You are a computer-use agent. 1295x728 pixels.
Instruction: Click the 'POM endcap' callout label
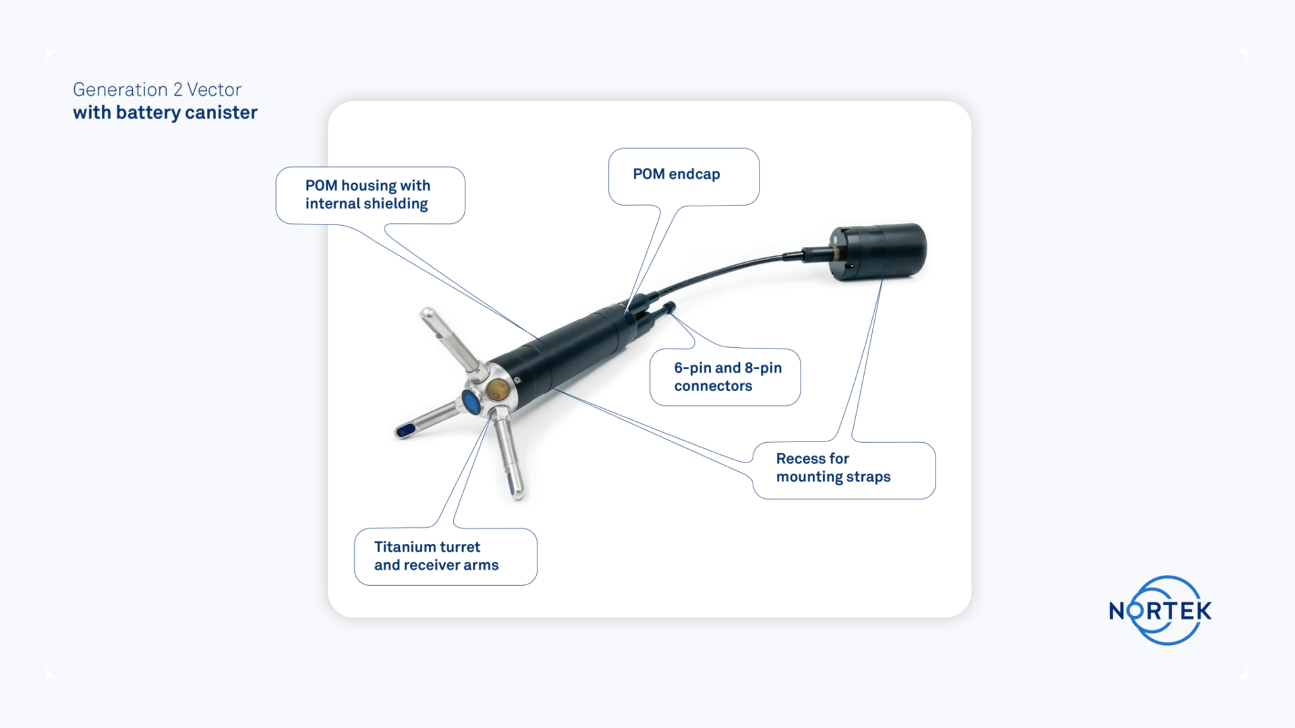tap(677, 175)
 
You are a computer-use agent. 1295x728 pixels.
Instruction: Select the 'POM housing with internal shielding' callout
tap(368, 195)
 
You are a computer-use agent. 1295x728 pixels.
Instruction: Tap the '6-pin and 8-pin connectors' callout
tap(727, 377)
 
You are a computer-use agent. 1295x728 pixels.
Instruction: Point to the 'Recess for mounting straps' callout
tap(833, 468)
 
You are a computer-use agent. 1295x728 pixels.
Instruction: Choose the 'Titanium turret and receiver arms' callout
tap(436, 556)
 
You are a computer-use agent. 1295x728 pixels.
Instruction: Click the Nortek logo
tap(1161, 611)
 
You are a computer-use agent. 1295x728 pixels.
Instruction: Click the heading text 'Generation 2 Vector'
tap(156, 90)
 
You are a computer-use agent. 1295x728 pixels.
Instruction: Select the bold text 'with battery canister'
tap(165, 113)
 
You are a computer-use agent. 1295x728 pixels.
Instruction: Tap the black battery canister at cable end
tap(884, 251)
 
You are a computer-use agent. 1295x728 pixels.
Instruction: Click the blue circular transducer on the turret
tap(471, 402)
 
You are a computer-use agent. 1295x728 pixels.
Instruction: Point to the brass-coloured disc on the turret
tap(498, 389)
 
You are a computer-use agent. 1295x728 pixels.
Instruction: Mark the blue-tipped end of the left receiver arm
tap(405, 431)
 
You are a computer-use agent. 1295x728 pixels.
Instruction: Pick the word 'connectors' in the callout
tap(713, 386)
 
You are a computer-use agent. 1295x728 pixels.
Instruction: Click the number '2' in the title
tap(177, 90)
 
